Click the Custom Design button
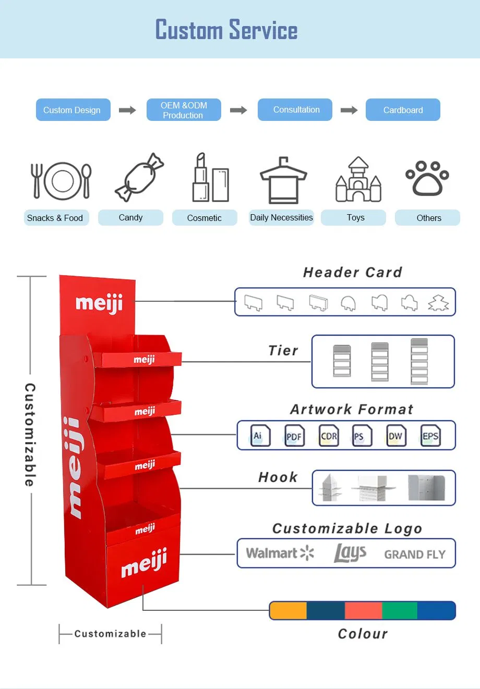73,110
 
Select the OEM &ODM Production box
184,110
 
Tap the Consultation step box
295,110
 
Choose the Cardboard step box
403,110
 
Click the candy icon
139,177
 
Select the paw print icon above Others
427,178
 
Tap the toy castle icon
358,180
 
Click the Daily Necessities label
281,218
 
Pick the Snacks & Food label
55,218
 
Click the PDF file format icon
294,436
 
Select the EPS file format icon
430,436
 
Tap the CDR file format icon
329,436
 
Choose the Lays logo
350,553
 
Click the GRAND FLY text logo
415,555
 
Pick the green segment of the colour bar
400,610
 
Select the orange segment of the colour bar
289,610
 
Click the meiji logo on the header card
99,303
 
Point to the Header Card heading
353,272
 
